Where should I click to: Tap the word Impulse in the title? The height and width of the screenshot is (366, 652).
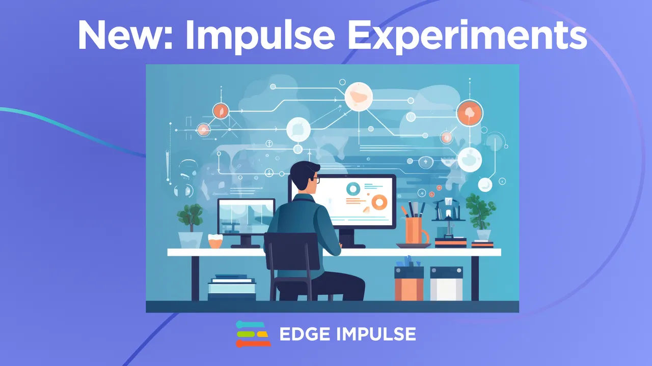(261, 36)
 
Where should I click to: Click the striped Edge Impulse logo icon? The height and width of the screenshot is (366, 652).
(253, 334)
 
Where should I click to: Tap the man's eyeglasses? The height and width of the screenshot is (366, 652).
(315, 179)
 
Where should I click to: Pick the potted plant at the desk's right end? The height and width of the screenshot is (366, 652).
(481, 216)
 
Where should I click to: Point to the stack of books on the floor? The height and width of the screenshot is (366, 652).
(231, 288)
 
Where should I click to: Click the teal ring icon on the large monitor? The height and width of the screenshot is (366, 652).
(352, 189)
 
